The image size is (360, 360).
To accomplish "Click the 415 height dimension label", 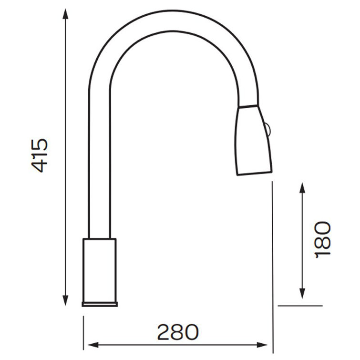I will [40, 155].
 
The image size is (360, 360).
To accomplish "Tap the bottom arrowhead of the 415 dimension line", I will [65, 300].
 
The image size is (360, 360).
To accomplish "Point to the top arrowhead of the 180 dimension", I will [302, 187].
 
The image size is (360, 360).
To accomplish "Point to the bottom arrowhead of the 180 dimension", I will [302, 294].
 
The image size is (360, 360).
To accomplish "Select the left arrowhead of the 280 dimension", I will [90, 344].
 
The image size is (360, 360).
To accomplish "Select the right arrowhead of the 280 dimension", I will [266, 344].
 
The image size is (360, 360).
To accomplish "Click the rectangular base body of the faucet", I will [100, 269].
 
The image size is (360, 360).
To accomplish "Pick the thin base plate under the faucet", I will [100, 304].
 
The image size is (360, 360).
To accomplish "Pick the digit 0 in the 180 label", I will [323, 228].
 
